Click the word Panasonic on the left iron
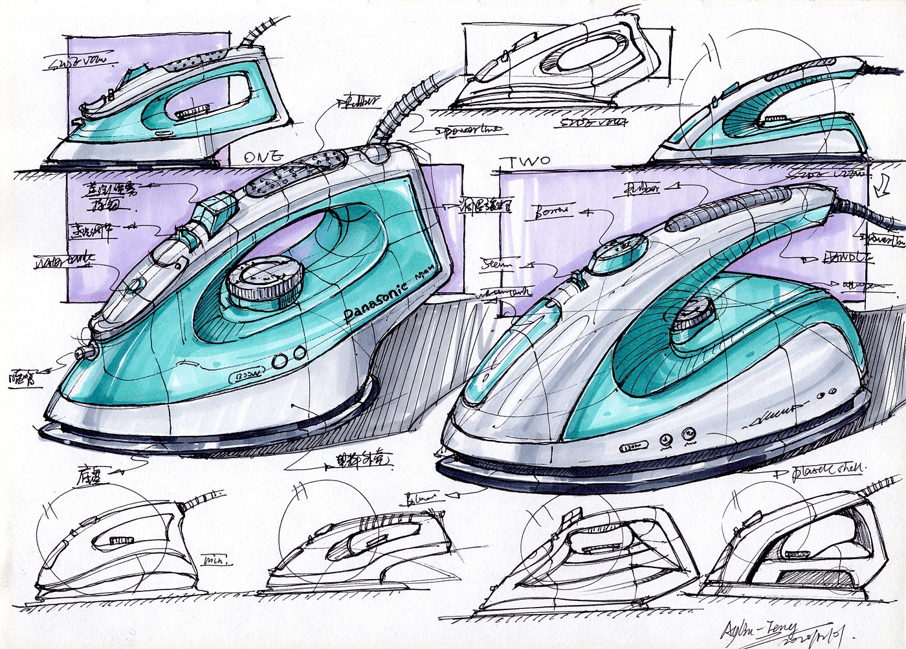click(375, 303)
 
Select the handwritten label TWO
click(529, 162)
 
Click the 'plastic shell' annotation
click(828, 470)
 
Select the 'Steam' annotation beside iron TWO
click(497, 264)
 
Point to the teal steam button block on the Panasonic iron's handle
click(214, 211)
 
